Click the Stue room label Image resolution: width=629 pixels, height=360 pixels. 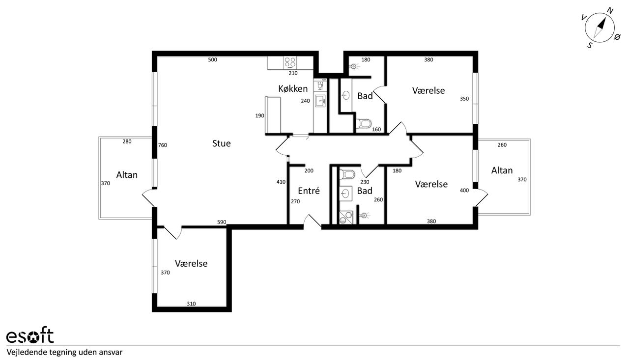pyautogui.click(x=221, y=143)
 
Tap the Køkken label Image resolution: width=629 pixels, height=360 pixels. pyautogui.click(x=293, y=89)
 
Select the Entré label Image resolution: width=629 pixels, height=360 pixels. pyautogui.click(x=309, y=191)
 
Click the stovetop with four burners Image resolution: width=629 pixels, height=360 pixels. pyautogui.click(x=290, y=63)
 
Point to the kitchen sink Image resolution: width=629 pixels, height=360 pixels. pyautogui.click(x=320, y=101)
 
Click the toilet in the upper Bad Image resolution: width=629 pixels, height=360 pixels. pyautogui.click(x=364, y=123)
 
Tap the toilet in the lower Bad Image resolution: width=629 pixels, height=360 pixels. pyautogui.click(x=347, y=174)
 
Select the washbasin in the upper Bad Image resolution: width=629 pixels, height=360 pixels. pyautogui.click(x=346, y=95)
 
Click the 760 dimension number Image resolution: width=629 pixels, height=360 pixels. pyautogui.click(x=163, y=145)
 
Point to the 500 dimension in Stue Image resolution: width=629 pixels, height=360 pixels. pyautogui.click(x=213, y=59)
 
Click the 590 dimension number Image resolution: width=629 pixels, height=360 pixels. pyautogui.click(x=222, y=222)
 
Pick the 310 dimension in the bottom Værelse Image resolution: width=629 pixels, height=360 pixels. pyautogui.click(x=191, y=304)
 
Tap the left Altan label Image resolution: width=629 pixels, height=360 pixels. pyautogui.click(x=127, y=175)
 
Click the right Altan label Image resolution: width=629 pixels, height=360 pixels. pyautogui.click(x=502, y=170)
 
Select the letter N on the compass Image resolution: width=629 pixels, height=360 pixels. pyautogui.click(x=610, y=11)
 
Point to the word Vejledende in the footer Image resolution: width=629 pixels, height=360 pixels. pyautogui.click(x=27, y=353)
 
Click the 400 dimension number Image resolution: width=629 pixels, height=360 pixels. pyautogui.click(x=464, y=190)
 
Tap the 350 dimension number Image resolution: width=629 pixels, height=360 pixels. pyautogui.click(x=464, y=99)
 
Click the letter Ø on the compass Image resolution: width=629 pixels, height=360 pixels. pyautogui.click(x=617, y=37)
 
